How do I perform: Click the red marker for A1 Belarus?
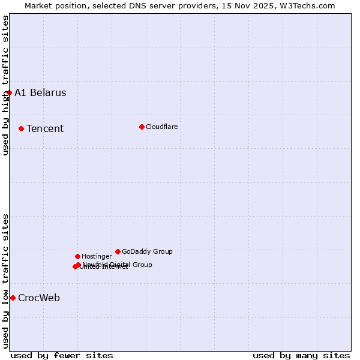[x=9, y=92]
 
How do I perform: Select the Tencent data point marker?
[x=21, y=128]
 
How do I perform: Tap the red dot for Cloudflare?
[x=142, y=127]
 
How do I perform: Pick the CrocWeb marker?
[x=13, y=298]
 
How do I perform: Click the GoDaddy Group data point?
[x=118, y=251]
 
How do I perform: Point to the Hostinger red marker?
[x=77, y=256]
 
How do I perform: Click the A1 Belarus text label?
[x=40, y=92]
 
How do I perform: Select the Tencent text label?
[x=45, y=128]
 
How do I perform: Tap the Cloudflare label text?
[x=162, y=127]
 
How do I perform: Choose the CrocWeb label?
[x=39, y=298]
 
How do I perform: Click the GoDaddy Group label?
[x=147, y=251]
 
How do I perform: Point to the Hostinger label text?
[x=97, y=256]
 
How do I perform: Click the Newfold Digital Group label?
[x=118, y=264]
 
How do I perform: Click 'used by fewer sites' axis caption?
[x=62, y=355]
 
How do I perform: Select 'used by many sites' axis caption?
[x=301, y=355]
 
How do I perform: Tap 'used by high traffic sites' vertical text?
[x=5, y=85]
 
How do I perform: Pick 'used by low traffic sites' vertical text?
[x=5, y=281]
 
